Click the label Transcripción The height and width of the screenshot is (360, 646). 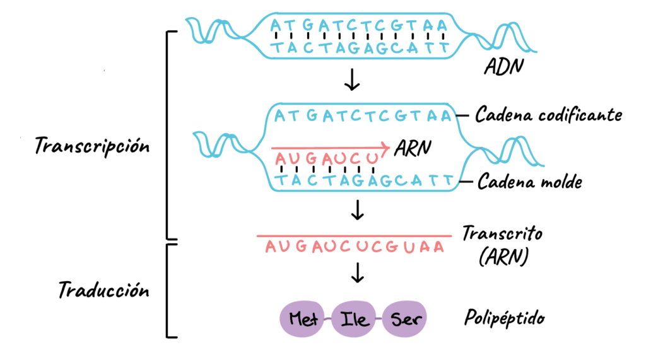(92, 146)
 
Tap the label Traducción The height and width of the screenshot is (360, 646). (104, 290)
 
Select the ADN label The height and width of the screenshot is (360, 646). (503, 66)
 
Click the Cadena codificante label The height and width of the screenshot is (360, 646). (548, 115)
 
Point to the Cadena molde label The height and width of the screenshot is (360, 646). (529, 181)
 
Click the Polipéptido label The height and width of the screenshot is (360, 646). (504, 318)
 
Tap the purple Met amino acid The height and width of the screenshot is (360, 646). (302, 319)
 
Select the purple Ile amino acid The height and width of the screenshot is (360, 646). (354, 319)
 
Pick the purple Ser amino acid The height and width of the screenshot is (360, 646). (404, 319)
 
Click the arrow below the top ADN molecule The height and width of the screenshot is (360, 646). (352, 79)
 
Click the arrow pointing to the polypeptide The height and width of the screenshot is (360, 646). (357, 272)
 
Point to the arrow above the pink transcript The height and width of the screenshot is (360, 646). (357, 210)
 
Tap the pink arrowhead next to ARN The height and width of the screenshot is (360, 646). (385, 147)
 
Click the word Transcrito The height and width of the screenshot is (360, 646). (502, 233)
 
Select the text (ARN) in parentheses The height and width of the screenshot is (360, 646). (503, 257)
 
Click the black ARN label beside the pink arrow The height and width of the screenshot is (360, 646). (413, 148)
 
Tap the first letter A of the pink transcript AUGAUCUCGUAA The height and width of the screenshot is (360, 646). (271, 247)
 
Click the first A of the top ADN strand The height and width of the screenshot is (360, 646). (276, 26)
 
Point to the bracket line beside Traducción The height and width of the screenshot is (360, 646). (167, 291)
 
